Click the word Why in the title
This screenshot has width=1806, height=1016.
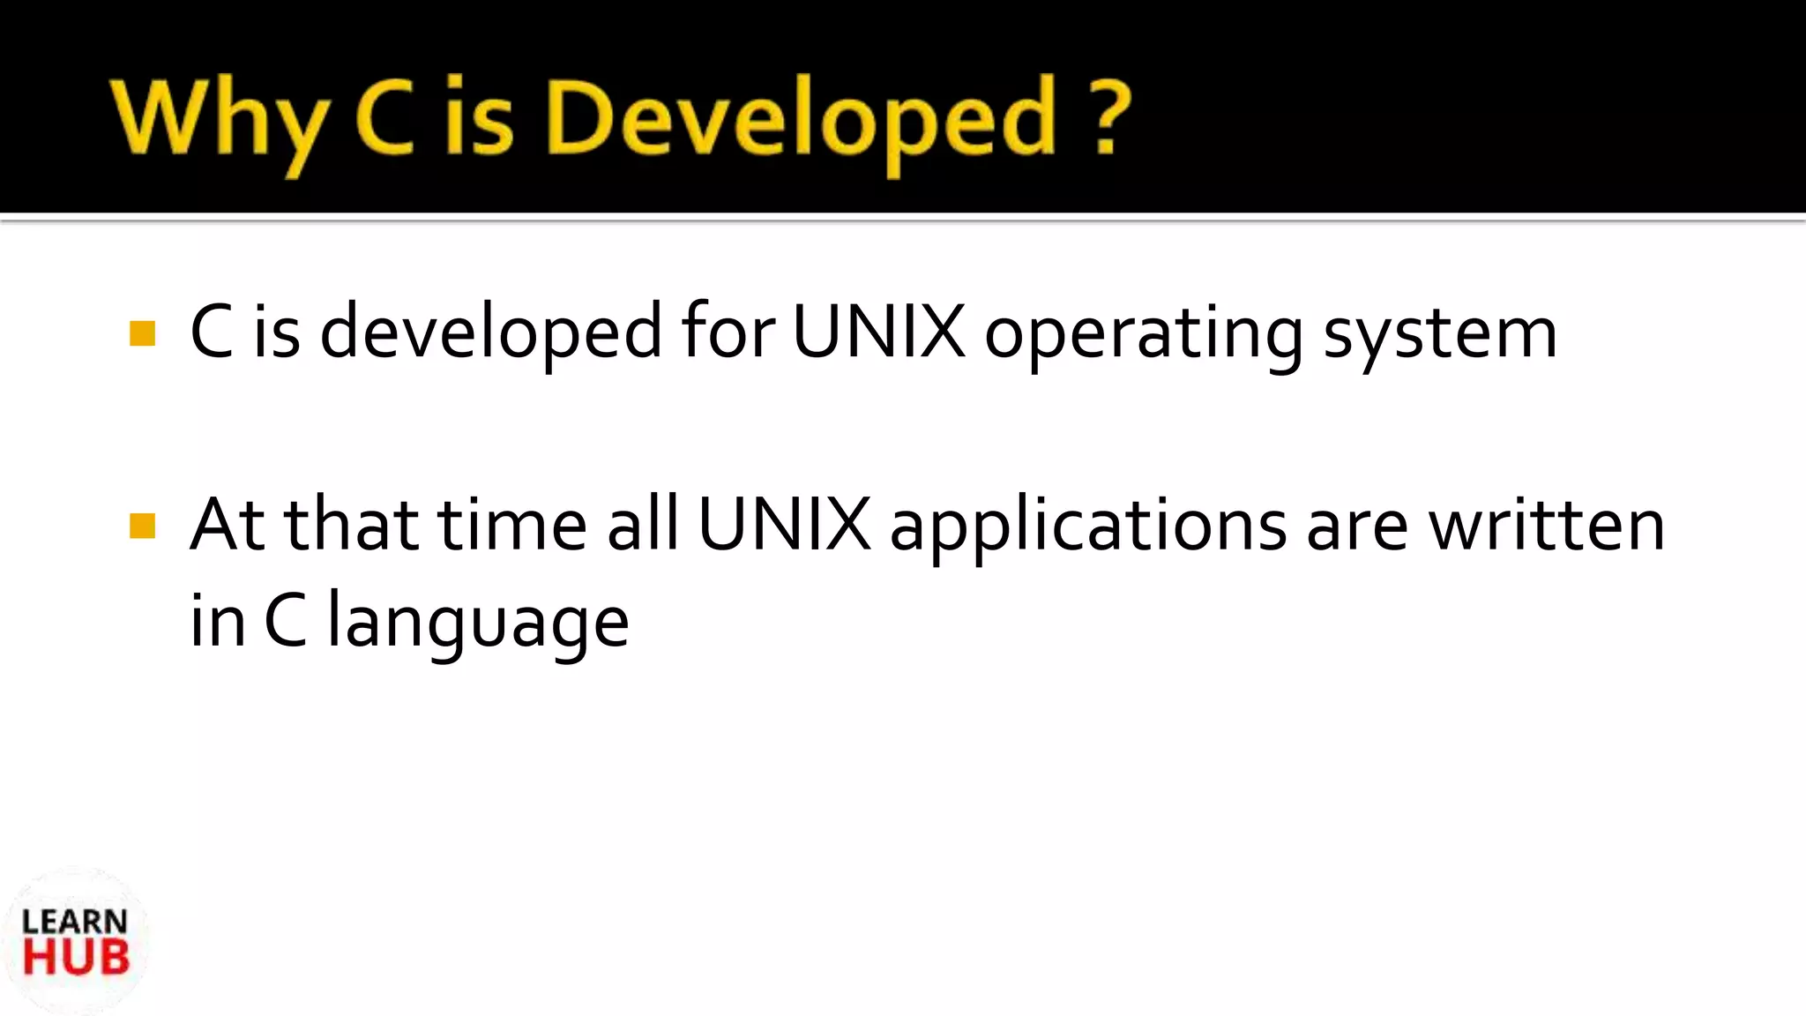(219, 120)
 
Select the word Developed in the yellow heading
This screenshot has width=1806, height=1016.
(801, 120)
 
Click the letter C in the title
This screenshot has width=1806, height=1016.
(386, 118)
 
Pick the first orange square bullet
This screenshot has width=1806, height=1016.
(142, 333)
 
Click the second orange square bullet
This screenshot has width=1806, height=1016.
(142, 526)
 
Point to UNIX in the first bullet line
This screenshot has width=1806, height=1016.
(878, 332)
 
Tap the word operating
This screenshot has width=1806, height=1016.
(1143, 335)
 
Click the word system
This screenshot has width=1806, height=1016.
(1439, 335)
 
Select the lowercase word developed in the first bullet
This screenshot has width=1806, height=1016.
(490, 333)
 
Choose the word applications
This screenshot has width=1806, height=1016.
(1088, 527)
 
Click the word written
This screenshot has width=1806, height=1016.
(1547, 526)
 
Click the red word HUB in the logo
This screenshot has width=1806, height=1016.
(76, 958)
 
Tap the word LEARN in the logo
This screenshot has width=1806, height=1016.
(75, 923)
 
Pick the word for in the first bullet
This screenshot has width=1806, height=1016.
(728, 332)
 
